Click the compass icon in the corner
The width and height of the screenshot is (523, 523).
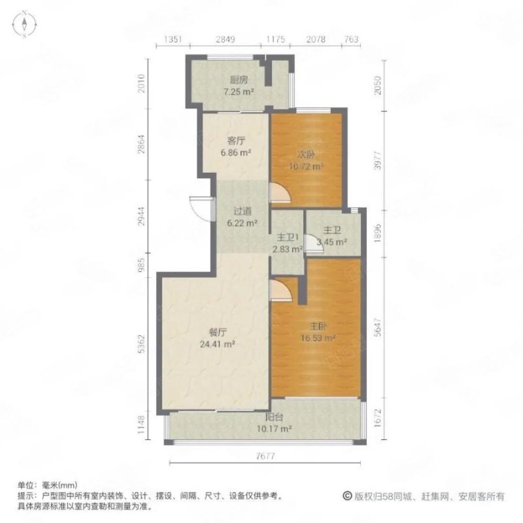(25, 25)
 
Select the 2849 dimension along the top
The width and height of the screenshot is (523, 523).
(226, 39)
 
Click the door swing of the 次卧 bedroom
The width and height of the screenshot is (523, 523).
(279, 193)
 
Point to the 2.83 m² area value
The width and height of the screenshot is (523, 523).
(287, 249)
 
